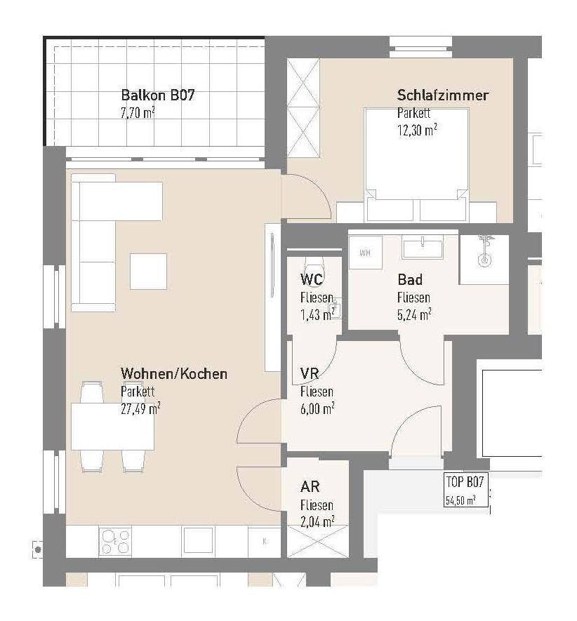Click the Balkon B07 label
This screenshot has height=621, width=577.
point(158,95)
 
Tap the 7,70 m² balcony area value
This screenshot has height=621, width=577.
point(138,113)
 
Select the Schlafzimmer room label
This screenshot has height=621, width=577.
point(443,95)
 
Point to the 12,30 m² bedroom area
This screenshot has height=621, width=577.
point(417,130)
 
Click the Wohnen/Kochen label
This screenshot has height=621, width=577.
point(174,373)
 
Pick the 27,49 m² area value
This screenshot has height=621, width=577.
point(140,408)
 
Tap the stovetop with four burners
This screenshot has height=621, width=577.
point(115,542)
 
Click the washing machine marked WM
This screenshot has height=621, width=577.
point(365,253)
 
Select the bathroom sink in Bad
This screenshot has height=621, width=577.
point(423,246)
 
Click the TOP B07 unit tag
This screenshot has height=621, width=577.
point(465,481)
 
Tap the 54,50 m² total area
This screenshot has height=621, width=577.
point(460,500)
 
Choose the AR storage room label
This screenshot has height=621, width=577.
point(310,486)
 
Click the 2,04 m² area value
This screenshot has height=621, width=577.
point(317,522)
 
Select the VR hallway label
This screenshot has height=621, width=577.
point(310,373)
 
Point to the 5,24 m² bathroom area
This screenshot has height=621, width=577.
point(414,314)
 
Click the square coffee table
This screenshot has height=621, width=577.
point(148,272)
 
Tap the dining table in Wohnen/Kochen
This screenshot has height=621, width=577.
point(112,426)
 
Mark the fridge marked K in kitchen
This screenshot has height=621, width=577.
point(265,542)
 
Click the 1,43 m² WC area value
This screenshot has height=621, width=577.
point(317,315)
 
